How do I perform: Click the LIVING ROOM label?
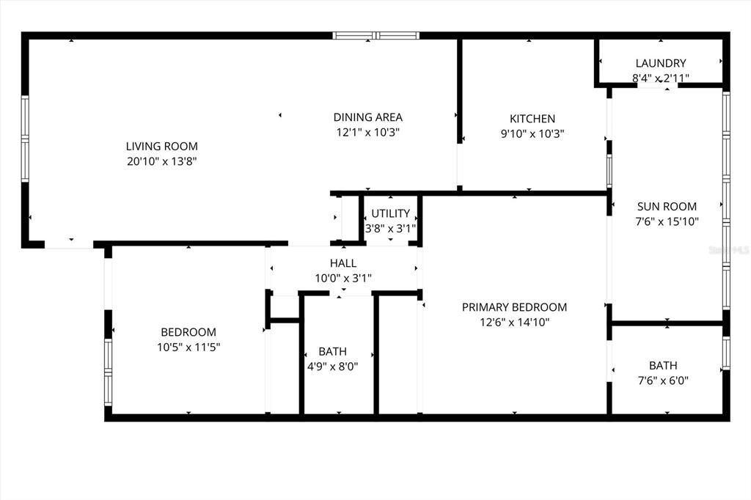[161, 146]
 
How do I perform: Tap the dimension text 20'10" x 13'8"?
[161, 161]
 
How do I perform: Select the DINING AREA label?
[367, 117]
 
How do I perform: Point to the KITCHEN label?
[532, 119]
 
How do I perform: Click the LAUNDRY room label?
[661, 64]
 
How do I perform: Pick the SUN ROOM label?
[667, 207]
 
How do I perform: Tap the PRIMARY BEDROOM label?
[514, 307]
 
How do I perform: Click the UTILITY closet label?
[390, 213]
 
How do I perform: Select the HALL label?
[343, 263]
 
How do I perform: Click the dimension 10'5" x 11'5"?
[188, 347]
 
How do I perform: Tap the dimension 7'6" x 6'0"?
[663, 380]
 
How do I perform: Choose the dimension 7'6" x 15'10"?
[667, 221]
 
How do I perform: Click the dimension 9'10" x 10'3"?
[532, 133]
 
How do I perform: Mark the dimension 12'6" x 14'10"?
[514, 322]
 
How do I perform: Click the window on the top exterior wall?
[376, 35]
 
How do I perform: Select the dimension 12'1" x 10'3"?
[367, 132]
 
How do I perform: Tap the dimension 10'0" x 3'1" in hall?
[343, 278]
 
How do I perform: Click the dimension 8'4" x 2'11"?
[661, 78]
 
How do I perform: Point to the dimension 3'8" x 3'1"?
[390, 227]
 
